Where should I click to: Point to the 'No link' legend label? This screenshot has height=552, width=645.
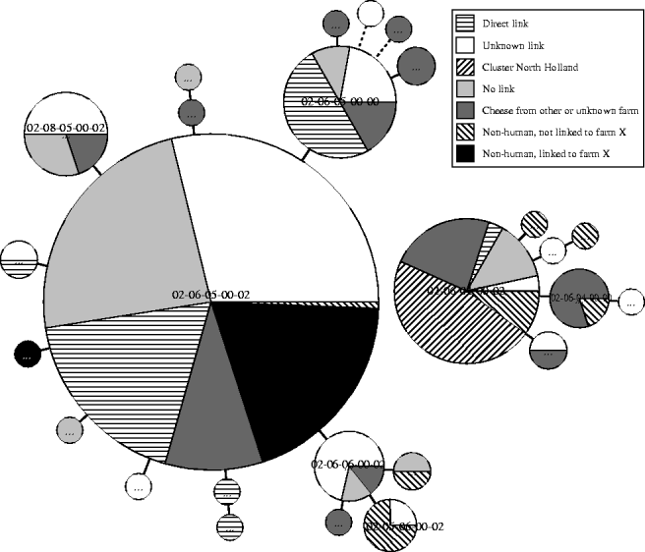498,89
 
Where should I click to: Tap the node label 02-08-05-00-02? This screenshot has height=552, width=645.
66,128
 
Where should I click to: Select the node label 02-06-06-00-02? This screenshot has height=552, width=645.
349,464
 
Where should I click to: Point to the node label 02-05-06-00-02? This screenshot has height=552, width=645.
403,527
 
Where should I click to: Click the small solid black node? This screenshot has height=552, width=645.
28,355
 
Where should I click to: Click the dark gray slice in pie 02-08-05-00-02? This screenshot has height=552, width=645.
86,149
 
